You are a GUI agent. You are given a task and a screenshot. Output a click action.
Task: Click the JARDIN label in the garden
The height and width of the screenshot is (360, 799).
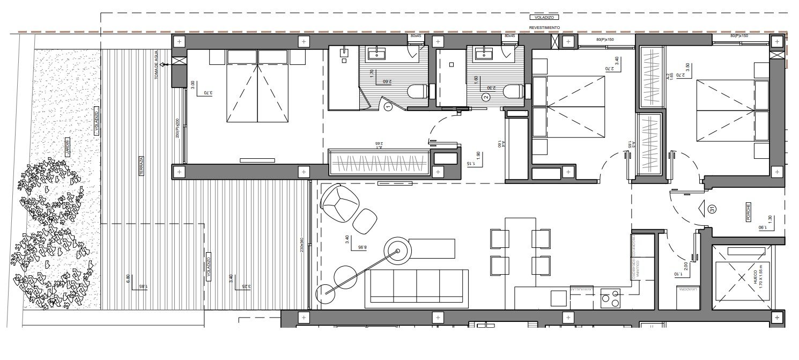point(68,149)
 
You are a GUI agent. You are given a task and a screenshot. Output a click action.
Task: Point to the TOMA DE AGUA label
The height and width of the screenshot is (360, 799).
point(157,70)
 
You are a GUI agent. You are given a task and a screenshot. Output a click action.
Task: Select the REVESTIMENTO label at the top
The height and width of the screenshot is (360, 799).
point(544,27)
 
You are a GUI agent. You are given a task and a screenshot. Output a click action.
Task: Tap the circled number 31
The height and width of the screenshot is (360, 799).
point(712,209)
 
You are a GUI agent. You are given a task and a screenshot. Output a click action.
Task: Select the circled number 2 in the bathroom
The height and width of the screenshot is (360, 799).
point(486,97)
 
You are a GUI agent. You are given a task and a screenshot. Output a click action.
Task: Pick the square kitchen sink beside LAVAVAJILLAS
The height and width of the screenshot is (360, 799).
point(559,298)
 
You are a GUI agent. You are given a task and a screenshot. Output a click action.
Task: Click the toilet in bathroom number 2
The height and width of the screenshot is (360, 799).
point(514,92)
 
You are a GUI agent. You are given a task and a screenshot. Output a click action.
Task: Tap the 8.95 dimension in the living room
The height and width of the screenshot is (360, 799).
point(362,247)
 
